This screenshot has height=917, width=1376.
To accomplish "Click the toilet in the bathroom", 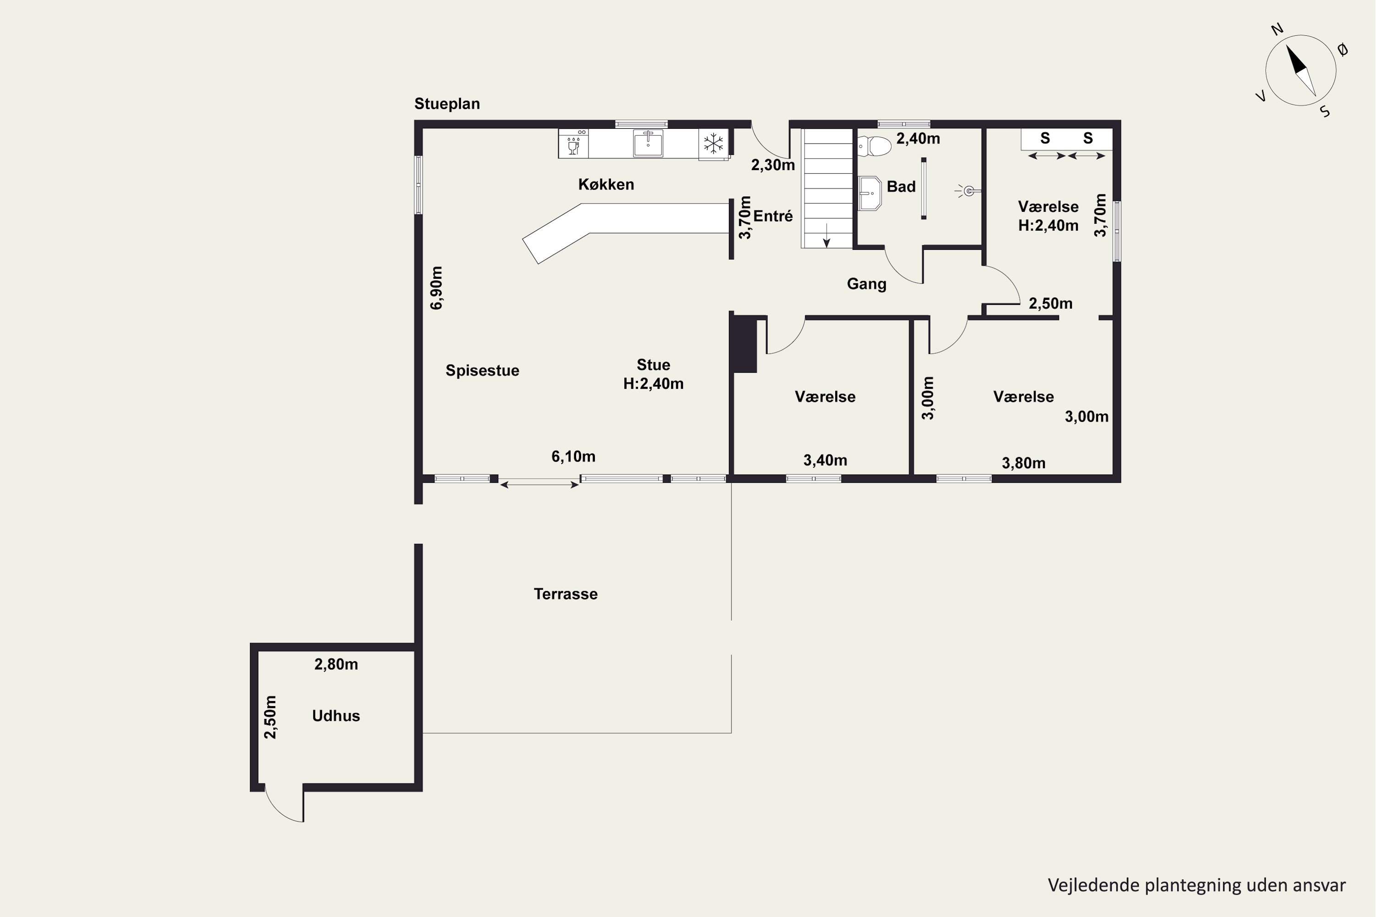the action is (874, 146).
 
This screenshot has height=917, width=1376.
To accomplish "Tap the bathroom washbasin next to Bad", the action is (870, 193).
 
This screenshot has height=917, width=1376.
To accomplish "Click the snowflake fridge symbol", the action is (713, 143).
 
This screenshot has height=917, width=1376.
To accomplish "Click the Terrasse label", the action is (566, 594).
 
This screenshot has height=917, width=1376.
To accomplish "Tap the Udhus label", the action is (336, 716).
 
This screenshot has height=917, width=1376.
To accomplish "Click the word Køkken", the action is (606, 184).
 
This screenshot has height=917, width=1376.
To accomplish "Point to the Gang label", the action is (866, 284).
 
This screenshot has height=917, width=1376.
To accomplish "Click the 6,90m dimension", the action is (437, 288).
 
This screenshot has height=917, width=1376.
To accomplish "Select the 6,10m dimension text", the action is (573, 456).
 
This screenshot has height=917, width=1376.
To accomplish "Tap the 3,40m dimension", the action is (825, 460).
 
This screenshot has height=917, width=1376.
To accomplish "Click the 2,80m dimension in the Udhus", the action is (336, 664).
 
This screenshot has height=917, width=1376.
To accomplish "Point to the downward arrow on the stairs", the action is (827, 235).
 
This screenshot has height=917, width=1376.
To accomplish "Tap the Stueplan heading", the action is (447, 104).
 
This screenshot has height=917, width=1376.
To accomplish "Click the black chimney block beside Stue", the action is (744, 344).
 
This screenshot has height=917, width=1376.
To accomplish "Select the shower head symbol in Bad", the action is (968, 191).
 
